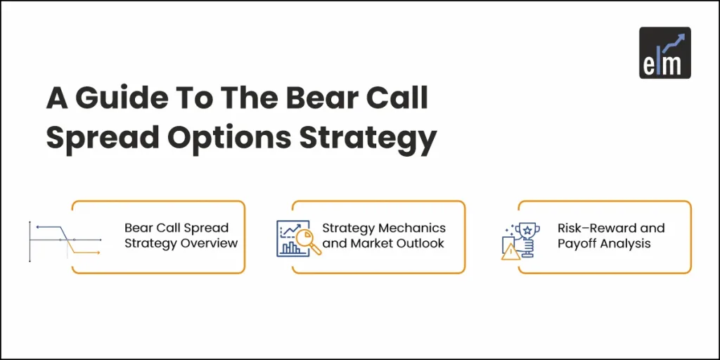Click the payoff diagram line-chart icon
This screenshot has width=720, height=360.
point(64,238)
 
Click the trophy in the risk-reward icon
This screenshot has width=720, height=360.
point(526,232)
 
